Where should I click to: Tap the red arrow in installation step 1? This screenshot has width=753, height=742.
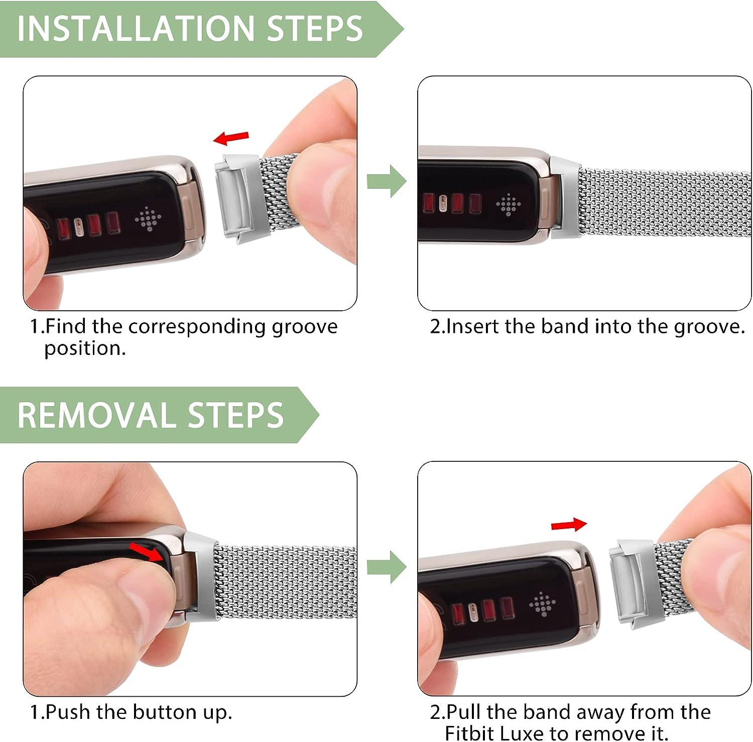(231, 137)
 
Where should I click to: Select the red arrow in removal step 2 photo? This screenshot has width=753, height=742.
(569, 525)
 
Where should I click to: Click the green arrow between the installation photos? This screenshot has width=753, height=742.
(386, 181)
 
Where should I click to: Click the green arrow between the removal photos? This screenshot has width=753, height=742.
(386, 567)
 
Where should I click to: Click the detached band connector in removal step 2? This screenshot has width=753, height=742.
(627, 582)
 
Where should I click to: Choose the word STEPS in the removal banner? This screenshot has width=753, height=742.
(235, 415)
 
